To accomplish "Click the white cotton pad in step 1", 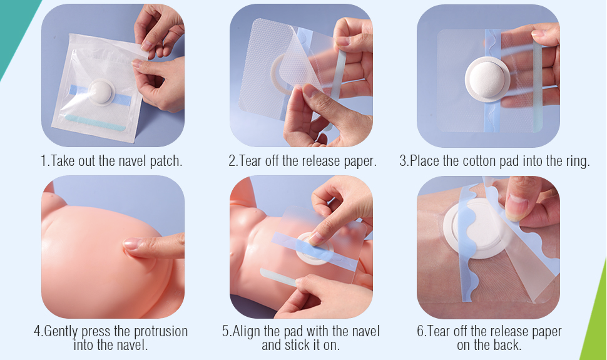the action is pyautogui.click(x=101, y=92).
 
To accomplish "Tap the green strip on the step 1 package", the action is pyautogui.click(x=95, y=123).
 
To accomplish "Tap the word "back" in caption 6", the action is pyautogui.click(x=508, y=345).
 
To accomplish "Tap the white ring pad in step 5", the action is pyautogui.click(x=314, y=249).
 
